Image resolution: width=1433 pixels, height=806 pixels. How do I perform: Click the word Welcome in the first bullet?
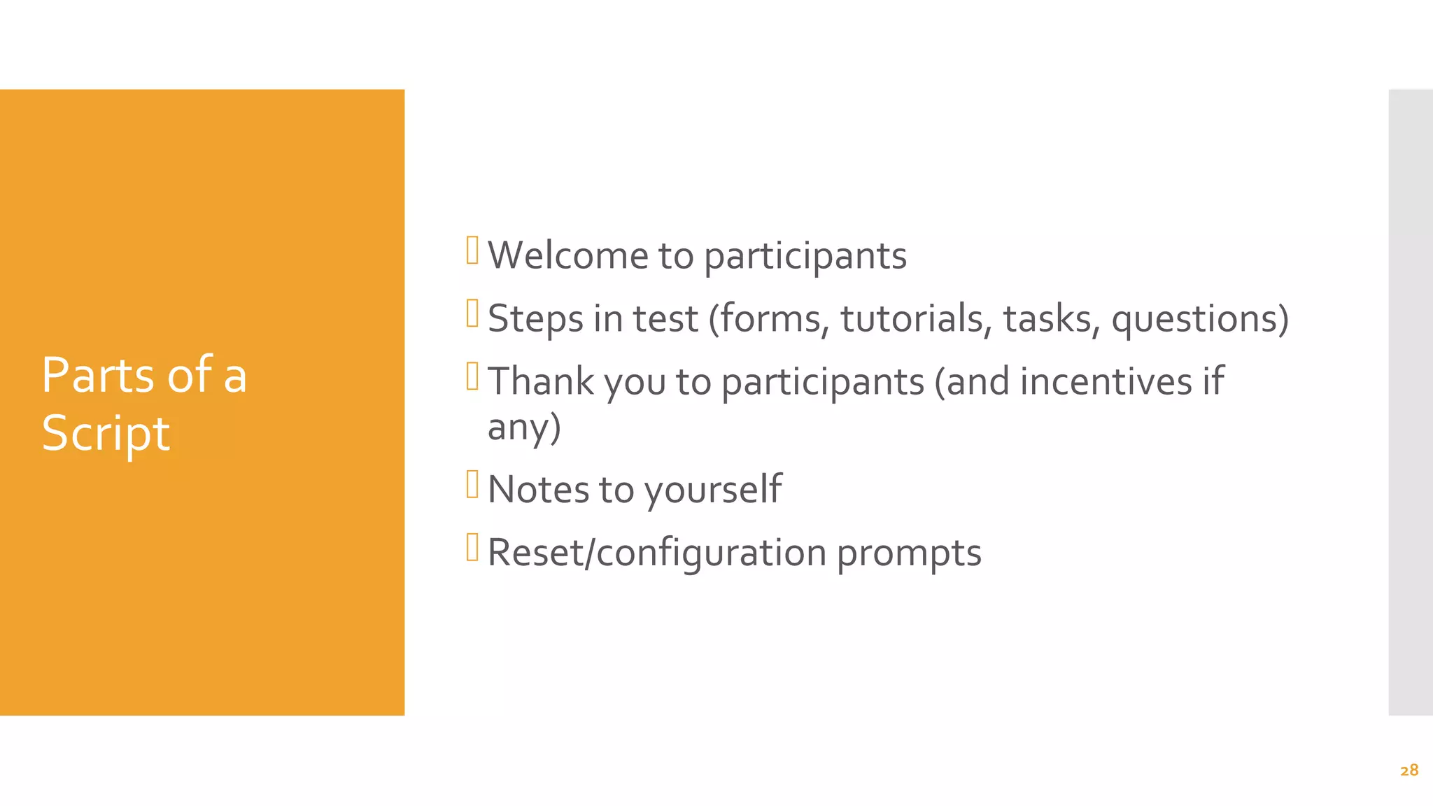568,255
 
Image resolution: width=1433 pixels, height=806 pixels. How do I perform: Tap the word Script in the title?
106,433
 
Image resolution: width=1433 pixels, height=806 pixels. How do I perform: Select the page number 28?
1409,770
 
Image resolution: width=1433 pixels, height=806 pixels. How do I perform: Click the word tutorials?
915,318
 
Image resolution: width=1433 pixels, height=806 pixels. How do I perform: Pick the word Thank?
540,381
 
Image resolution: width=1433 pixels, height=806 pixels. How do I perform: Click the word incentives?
1106,381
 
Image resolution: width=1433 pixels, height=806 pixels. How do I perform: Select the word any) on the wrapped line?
524,427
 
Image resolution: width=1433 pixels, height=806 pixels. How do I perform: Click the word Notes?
538,489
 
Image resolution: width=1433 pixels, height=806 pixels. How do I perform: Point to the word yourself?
712,490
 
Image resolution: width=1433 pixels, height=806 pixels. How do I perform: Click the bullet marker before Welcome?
472,250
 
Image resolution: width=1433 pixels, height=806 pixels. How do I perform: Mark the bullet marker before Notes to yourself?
472,484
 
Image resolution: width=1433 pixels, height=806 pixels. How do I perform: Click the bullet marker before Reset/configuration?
472,547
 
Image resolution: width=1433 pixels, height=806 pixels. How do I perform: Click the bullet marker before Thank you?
472,376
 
